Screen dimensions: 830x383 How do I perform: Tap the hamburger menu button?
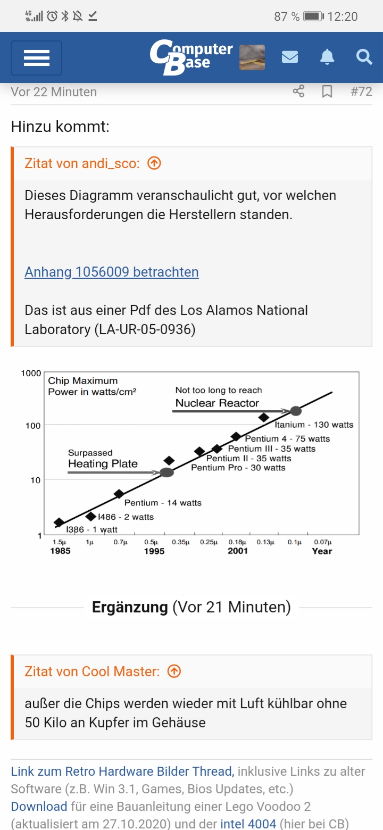point(36,57)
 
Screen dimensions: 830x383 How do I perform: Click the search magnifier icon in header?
point(364,57)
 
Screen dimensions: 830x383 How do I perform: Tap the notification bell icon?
point(327,57)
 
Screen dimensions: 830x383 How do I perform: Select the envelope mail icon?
point(289,57)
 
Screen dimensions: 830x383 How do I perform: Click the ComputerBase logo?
point(191,57)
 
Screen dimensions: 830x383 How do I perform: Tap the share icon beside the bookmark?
point(298,92)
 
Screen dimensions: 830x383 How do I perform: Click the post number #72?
point(361,92)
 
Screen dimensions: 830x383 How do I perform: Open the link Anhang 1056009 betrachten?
point(112,272)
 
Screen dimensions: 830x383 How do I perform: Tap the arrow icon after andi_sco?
point(154,163)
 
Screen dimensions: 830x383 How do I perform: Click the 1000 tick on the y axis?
point(31,373)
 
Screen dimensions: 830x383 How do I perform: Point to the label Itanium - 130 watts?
point(314,425)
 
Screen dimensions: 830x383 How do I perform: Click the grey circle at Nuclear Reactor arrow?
point(296,411)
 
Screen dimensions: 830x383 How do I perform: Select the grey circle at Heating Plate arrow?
point(167,472)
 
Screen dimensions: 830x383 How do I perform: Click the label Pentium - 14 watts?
point(163,502)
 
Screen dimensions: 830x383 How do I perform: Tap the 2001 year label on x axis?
point(238,551)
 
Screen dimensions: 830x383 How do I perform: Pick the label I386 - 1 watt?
point(92,529)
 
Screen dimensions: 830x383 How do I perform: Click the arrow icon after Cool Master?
point(174,671)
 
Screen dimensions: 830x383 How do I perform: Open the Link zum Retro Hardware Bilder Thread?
point(122,771)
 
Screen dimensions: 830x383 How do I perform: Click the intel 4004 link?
point(248,824)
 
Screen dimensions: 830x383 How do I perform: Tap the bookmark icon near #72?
point(327,92)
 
